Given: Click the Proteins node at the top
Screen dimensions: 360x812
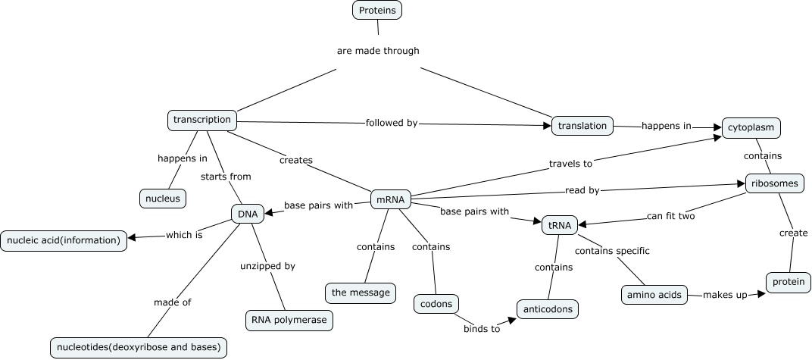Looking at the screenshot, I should click(377, 10).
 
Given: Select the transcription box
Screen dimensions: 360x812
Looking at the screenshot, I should click(201, 120).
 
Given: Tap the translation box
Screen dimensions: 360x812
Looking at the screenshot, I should click(582, 126).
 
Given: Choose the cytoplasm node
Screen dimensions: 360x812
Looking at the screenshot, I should click(751, 127).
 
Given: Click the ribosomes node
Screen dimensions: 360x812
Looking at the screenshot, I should click(774, 183).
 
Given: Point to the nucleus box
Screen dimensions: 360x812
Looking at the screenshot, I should click(162, 199).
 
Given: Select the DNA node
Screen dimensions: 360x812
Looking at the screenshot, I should click(247, 214).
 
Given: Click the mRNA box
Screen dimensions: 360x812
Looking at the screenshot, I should click(390, 200).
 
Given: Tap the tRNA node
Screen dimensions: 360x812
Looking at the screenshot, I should click(560, 224).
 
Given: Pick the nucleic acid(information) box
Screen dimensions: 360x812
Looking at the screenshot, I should click(64, 240).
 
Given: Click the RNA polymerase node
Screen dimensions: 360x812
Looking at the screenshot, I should click(289, 320).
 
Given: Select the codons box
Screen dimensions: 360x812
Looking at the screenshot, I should click(436, 304).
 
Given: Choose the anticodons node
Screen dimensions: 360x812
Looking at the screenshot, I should click(548, 309).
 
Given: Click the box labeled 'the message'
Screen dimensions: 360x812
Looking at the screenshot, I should click(361, 292).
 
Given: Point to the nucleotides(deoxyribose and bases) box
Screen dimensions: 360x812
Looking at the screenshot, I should click(139, 347).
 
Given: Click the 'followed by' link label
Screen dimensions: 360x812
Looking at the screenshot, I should click(391, 122).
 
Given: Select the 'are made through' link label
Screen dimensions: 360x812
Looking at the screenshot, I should click(377, 51).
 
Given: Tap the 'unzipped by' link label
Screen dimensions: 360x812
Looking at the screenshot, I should click(267, 266).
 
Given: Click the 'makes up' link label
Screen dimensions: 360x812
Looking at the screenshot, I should click(725, 294).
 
